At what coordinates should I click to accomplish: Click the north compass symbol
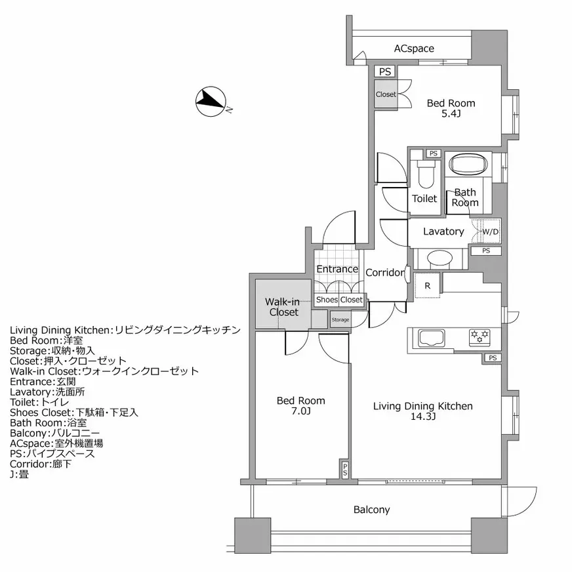[211, 102]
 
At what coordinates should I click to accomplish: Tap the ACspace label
[413, 49]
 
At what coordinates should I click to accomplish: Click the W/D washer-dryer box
[490, 232]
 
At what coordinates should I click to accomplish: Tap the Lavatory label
[443, 232]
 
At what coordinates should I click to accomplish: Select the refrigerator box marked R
[427, 285]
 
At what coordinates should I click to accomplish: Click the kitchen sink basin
[431, 338]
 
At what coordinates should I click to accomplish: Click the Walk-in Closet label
[281, 307]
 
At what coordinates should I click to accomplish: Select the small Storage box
[340, 320]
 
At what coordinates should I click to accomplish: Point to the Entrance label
[337, 269]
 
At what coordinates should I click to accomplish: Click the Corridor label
[385, 273]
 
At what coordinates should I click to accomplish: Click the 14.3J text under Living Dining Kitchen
[422, 417]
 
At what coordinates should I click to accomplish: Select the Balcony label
[371, 510]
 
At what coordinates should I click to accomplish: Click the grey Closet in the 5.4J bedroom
[386, 94]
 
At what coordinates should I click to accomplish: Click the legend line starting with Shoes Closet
[73, 413]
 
